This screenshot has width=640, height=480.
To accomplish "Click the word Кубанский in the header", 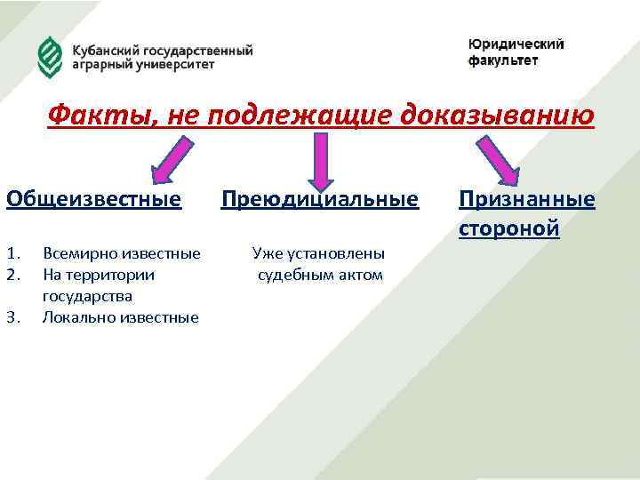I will coord(105,50).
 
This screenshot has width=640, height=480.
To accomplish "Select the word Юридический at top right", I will coord(516,44).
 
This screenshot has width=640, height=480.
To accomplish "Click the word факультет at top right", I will coord(503,60).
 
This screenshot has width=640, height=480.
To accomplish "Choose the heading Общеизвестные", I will coord(94,198).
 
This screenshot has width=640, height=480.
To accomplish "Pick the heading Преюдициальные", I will coord(319,198).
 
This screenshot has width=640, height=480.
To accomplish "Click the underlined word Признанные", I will coord(526,198).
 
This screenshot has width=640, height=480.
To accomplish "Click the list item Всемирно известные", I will coord(122,253).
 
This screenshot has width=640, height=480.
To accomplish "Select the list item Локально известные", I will coord(121,317).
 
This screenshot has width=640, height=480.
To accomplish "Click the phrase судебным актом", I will coord(320,275).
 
